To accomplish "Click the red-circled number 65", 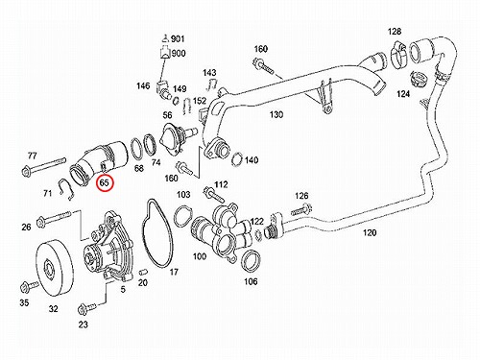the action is pyautogui.click(x=105, y=183).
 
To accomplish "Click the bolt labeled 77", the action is pyautogui.click(x=44, y=166).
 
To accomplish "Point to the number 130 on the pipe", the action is pyautogui.click(x=276, y=114).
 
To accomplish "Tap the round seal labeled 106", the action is pyautogui.click(x=251, y=261).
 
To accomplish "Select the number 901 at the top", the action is pyautogui.click(x=178, y=39).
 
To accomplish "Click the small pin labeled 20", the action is pyautogui.click(x=143, y=273).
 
